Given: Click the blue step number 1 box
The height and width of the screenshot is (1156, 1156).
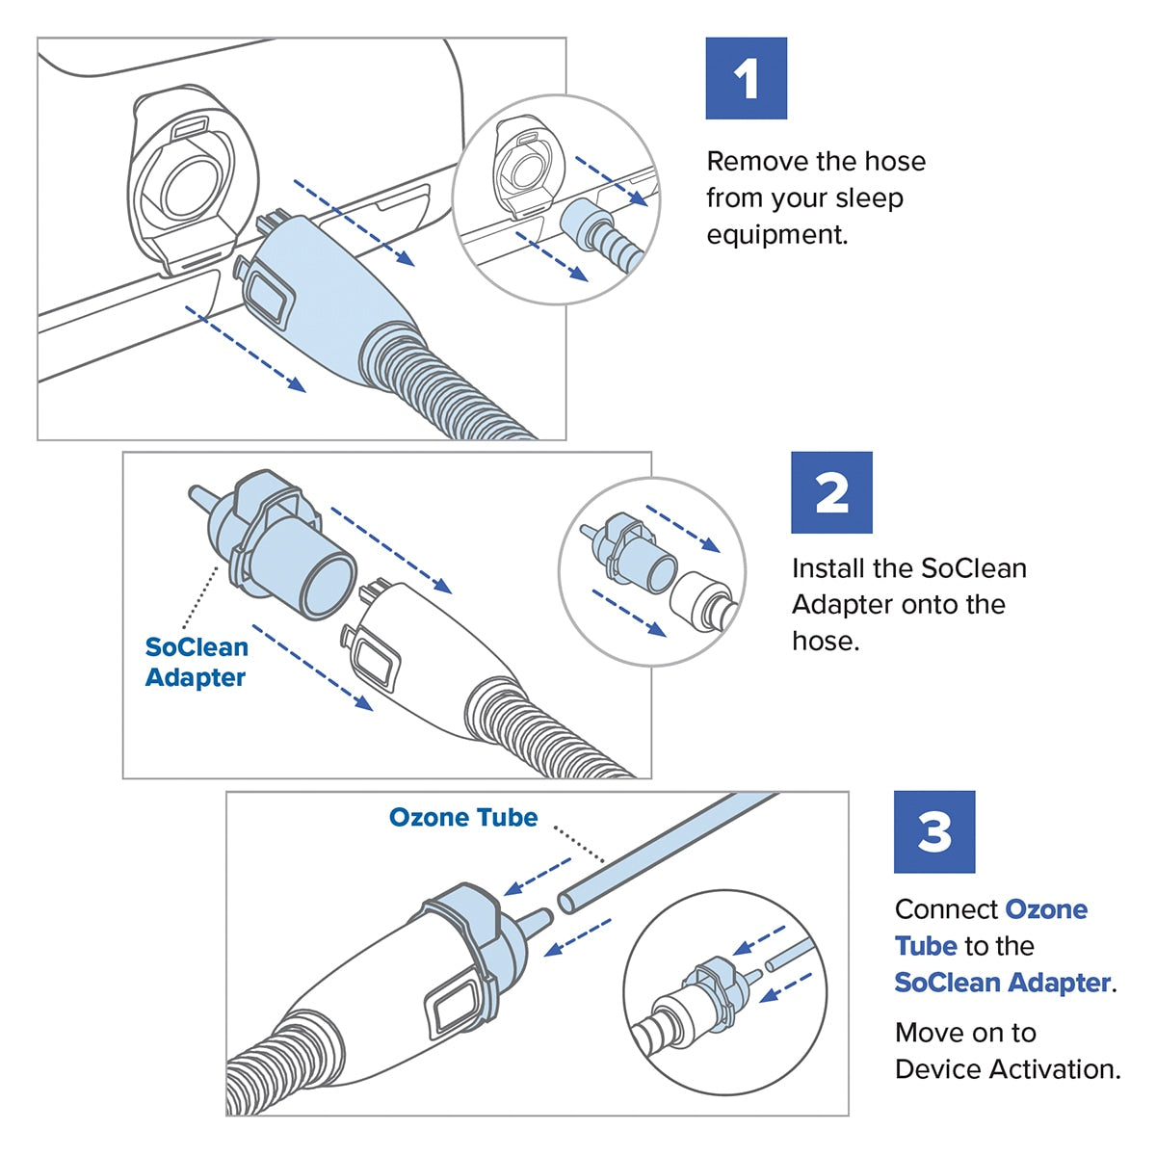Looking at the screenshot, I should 746,78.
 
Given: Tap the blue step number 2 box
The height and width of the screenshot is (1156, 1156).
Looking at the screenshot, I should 831,492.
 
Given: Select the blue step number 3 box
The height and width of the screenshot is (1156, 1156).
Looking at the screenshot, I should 933,831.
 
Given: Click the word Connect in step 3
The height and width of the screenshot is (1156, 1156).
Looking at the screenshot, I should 945,909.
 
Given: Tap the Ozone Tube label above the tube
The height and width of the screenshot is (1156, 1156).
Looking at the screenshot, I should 462,817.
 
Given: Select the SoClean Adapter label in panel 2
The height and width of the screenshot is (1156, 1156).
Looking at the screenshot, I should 196,662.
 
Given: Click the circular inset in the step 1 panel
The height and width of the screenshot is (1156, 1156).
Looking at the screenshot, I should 556,200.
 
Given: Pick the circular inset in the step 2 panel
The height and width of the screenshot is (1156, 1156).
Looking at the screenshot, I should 652,571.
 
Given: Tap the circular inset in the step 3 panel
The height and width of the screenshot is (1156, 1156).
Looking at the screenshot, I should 724,992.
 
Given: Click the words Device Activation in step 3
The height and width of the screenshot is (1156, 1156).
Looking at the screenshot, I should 1007,1069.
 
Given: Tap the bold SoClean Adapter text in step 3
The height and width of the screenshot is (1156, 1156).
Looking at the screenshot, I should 1002,983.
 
